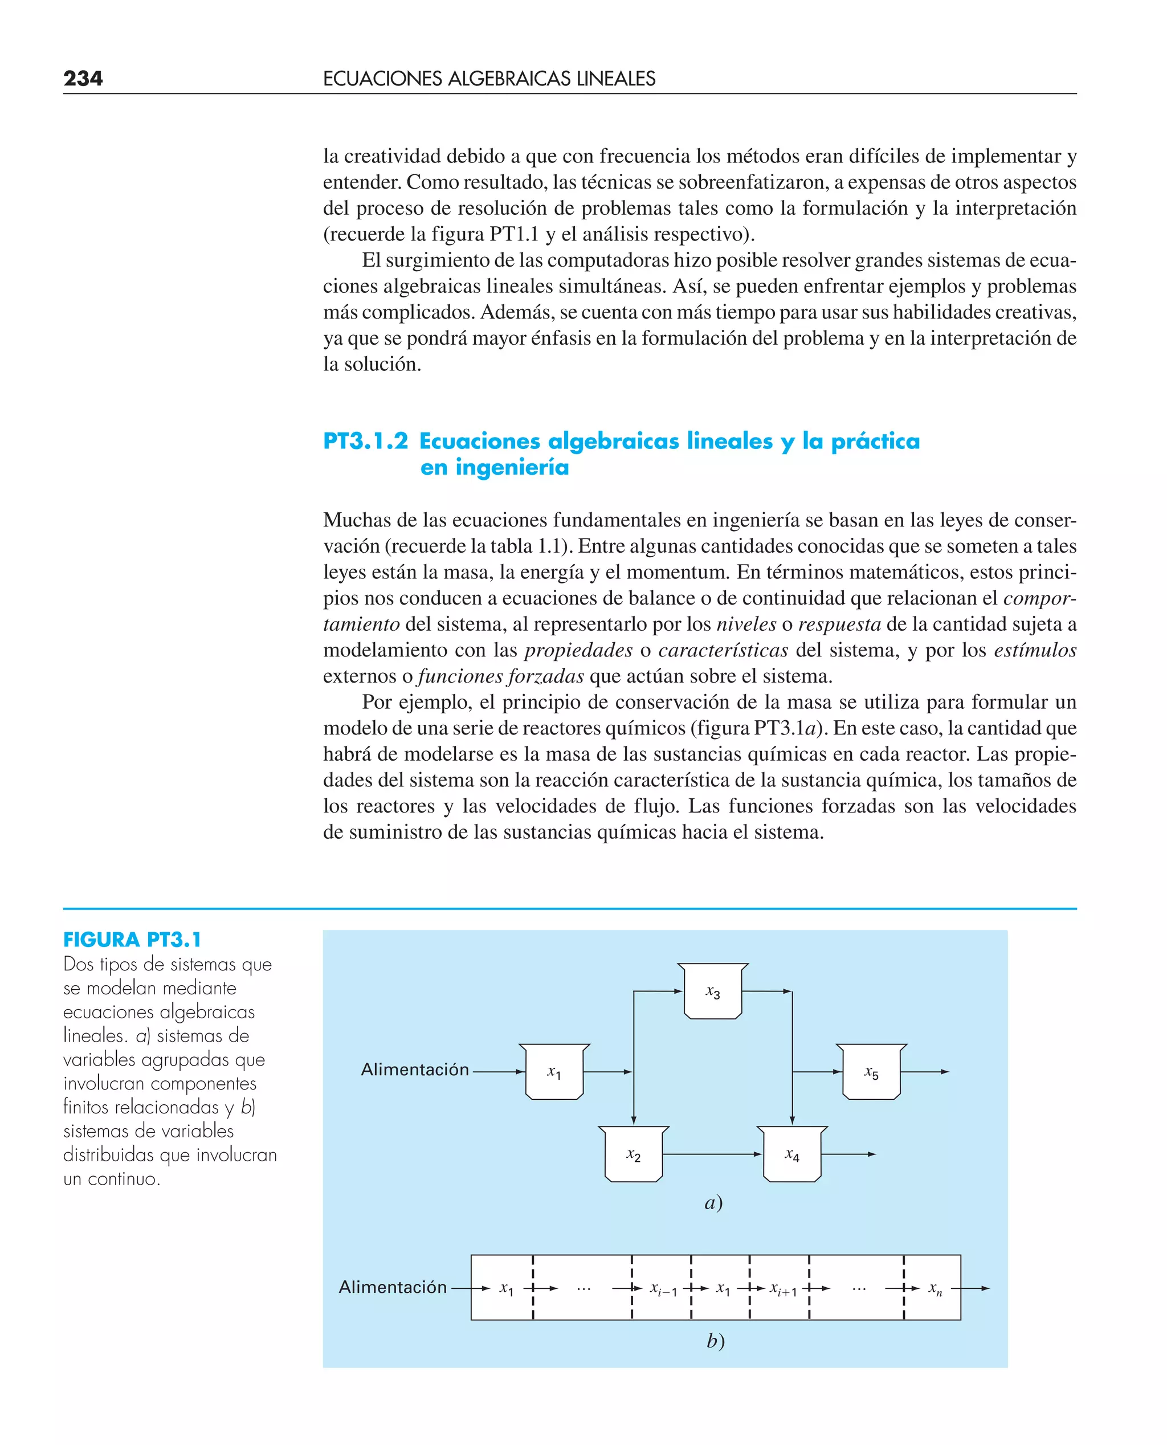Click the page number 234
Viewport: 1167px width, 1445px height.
(83, 79)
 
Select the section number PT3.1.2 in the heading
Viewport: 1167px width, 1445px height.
(365, 442)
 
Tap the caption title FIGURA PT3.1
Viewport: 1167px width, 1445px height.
(132, 939)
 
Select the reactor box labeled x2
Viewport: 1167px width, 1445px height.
(633, 1154)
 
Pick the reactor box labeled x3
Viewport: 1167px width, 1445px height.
(713, 992)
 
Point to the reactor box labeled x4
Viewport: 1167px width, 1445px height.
(792, 1154)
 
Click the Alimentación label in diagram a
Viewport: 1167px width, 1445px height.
(415, 1070)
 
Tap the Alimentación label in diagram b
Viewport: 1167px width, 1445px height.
(393, 1287)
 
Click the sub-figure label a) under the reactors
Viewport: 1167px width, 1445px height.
(713, 1202)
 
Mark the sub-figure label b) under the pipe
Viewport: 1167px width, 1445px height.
(715, 1341)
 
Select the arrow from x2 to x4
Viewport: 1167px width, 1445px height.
(713, 1154)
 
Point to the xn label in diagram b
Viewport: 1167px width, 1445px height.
(935, 1288)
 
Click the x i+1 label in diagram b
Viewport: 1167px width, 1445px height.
(783, 1289)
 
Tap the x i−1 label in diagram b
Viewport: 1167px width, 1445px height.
(663, 1289)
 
